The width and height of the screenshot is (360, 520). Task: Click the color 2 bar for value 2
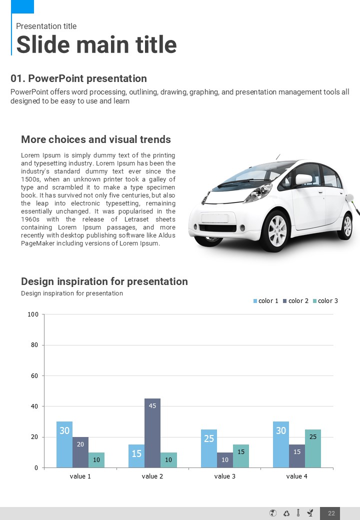coord(152,433)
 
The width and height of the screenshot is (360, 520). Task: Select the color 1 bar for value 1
coord(64,444)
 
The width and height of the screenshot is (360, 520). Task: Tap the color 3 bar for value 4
coord(313,448)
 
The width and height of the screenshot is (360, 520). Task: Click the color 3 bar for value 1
coord(96,460)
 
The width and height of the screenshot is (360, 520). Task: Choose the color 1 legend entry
coord(265,301)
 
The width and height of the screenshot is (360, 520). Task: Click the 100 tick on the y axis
coord(33,314)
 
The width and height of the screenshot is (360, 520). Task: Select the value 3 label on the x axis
coord(225,476)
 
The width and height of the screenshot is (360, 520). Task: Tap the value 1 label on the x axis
coord(80,476)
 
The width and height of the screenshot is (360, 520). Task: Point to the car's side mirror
coord(303,179)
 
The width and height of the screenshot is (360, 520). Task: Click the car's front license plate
coord(214,218)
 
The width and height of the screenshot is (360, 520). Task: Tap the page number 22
coord(331,513)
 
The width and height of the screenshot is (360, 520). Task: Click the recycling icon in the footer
coord(286,513)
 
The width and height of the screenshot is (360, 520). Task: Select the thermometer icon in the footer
coord(298,513)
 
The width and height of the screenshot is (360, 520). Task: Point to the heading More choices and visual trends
coord(96,139)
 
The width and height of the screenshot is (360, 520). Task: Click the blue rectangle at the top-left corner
coord(22,6)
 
